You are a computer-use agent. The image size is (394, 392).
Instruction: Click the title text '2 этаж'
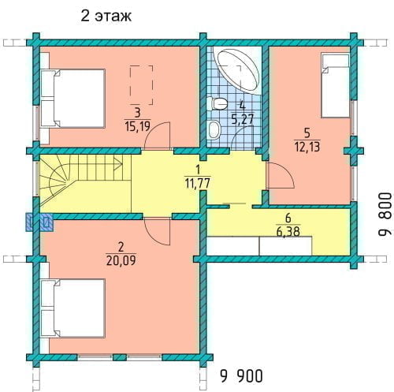(x=106, y=17)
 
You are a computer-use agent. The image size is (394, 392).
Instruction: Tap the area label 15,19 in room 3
(x=138, y=126)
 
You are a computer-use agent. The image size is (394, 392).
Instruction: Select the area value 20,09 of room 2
(x=121, y=260)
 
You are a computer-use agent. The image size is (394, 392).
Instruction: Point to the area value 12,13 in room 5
(x=307, y=147)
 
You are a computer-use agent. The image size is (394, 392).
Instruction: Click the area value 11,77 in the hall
(x=198, y=183)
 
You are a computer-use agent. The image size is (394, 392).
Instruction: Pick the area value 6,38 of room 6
(x=288, y=232)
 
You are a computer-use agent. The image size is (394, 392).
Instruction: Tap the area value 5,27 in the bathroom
(x=243, y=119)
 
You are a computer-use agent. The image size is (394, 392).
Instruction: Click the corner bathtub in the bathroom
(x=236, y=69)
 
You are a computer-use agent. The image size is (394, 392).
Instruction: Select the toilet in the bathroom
(x=217, y=103)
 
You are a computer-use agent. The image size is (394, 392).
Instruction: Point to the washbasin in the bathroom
(x=214, y=130)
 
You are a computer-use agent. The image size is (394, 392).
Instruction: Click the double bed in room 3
(x=72, y=99)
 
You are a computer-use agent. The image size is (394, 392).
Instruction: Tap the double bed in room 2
(x=72, y=308)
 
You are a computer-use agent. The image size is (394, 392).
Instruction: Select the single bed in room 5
(x=336, y=85)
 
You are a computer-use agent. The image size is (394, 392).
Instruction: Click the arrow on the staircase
(x=117, y=164)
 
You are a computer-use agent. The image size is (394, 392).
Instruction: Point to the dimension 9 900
(x=241, y=376)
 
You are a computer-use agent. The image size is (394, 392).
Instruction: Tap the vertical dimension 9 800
(x=385, y=215)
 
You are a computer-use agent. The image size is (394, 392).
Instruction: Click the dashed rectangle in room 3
(x=141, y=85)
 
